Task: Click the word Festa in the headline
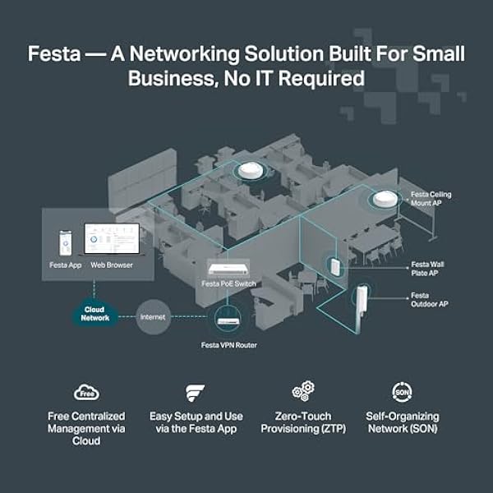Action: pos(54,53)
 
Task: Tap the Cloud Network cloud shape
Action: pos(94,314)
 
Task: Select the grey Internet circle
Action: pos(153,317)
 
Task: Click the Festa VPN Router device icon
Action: pos(228,321)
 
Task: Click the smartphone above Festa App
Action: pos(66,243)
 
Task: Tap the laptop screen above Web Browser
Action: pos(112,239)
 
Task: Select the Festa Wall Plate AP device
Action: pos(334,265)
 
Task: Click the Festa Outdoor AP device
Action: pos(361,307)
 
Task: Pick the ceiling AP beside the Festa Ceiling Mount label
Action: pos(385,199)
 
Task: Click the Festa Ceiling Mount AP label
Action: pos(431,199)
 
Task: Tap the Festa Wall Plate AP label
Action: pos(427,269)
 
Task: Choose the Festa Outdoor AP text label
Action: pos(430,300)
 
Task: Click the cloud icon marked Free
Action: pos(86,392)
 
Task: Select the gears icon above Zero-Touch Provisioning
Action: pos(303,391)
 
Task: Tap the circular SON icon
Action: pos(402,392)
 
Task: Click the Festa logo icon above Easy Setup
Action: pos(195,393)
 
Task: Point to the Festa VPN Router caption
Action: pos(229,345)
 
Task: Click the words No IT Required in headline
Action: pos(294,78)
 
